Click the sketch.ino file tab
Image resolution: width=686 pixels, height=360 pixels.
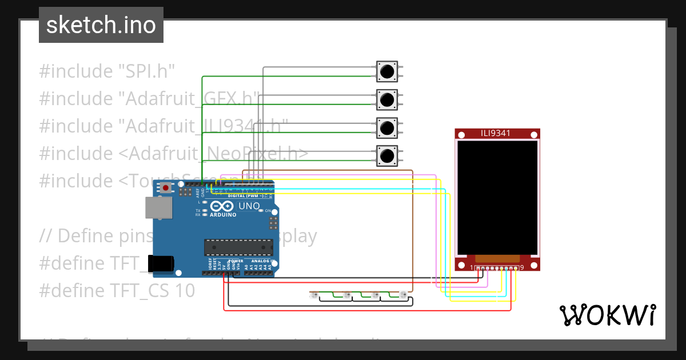point(101,25)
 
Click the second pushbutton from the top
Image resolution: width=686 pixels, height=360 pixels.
point(387,100)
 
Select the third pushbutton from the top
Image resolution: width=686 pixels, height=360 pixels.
point(387,127)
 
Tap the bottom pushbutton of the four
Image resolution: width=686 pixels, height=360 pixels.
point(387,155)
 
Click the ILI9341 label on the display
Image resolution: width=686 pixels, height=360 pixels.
point(496,134)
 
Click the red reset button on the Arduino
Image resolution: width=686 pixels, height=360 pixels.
point(166,188)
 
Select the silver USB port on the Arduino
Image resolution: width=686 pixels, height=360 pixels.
point(158,208)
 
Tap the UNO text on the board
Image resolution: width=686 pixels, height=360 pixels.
point(249,206)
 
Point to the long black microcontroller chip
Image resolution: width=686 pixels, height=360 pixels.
point(236,247)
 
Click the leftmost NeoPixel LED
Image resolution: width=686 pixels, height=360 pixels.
point(313,295)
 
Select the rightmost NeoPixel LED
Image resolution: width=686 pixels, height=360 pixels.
point(402,295)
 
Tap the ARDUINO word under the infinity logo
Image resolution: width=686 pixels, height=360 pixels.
point(223,215)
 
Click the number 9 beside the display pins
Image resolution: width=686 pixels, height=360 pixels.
point(522,268)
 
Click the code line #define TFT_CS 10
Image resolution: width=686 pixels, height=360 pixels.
point(117,291)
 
